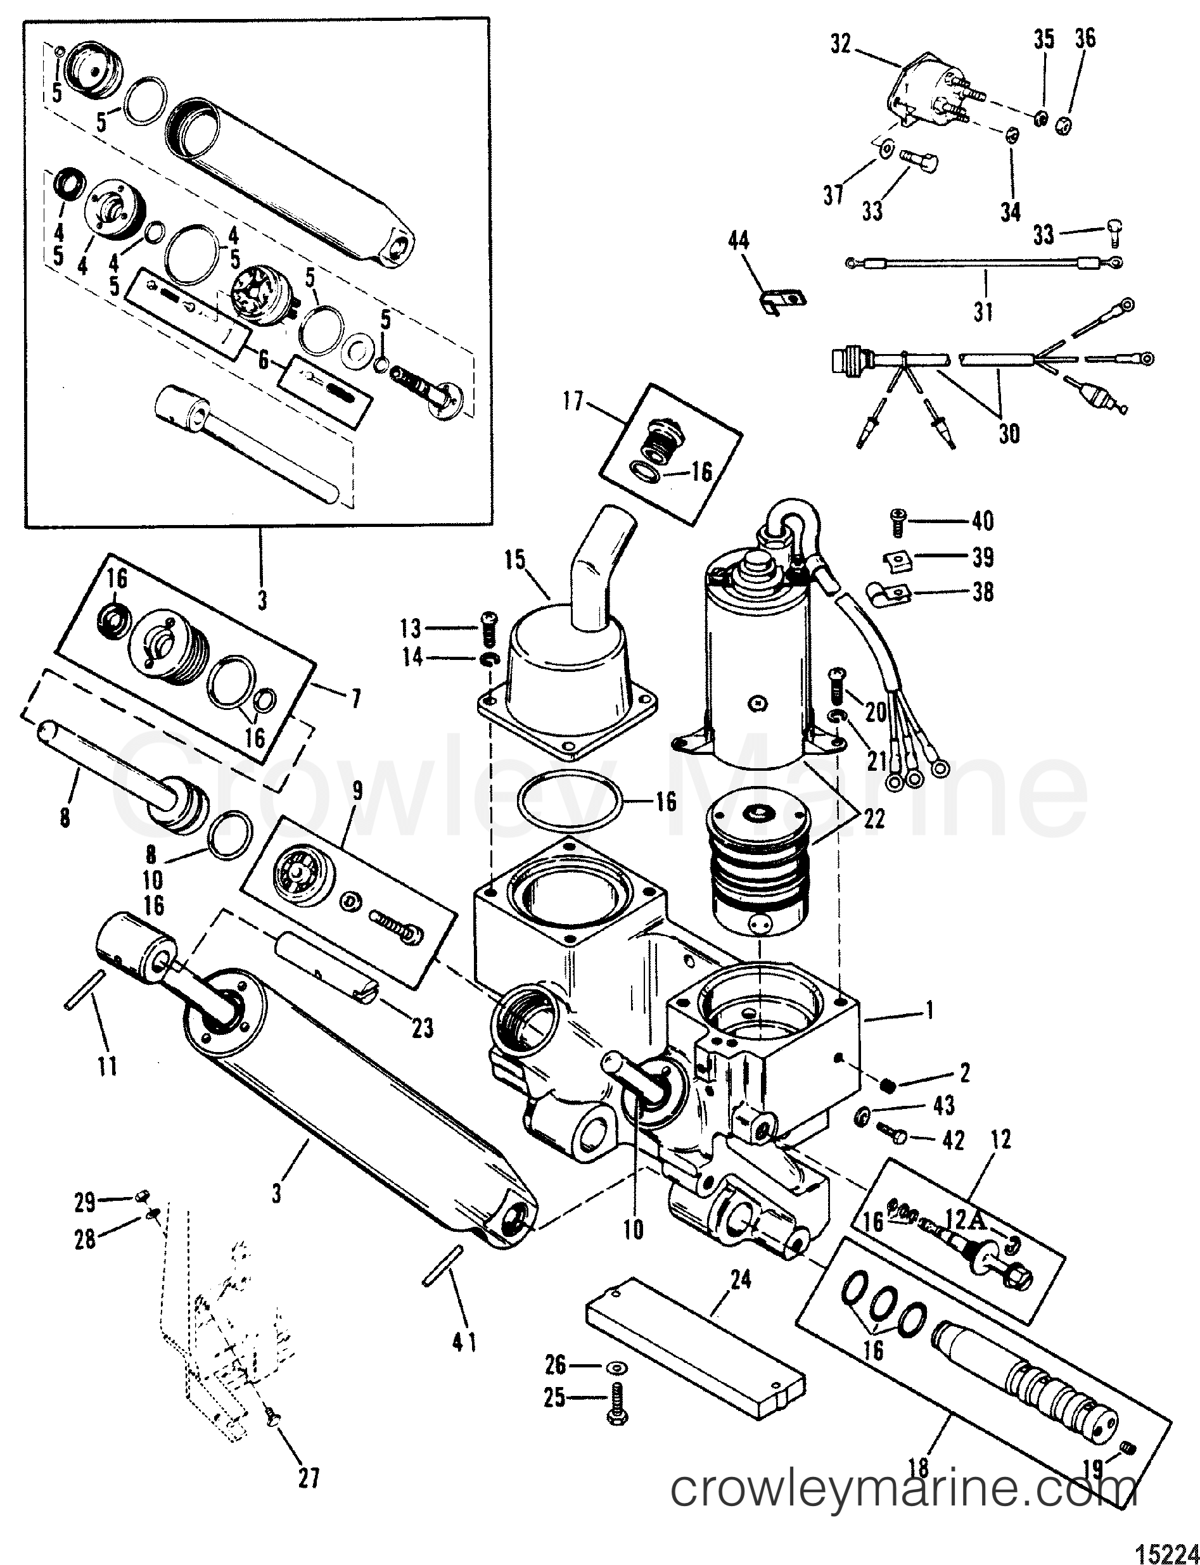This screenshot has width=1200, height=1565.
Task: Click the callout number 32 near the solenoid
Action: tap(841, 44)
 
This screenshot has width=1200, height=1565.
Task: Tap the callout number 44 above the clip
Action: tap(739, 241)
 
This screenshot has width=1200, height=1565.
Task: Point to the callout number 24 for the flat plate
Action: tap(741, 1279)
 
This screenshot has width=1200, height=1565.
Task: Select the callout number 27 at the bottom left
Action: tap(309, 1478)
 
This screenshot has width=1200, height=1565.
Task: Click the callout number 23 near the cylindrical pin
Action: tap(422, 1027)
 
